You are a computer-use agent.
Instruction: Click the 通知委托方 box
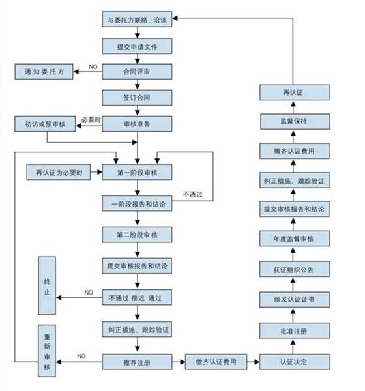tap(44, 71)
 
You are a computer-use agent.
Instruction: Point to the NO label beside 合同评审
tap(93, 67)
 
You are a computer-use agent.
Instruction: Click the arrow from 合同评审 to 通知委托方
tap(89, 71)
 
